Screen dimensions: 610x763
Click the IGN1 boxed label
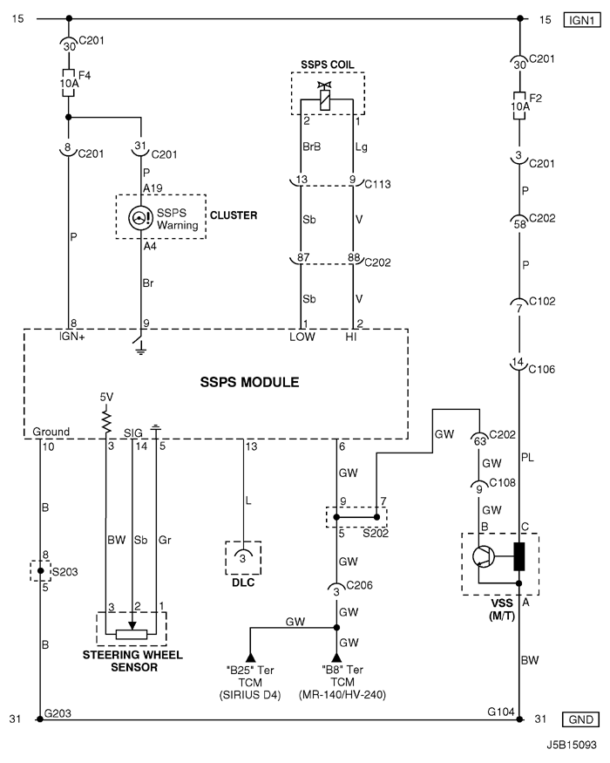click(581, 20)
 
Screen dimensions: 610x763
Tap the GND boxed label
click(580, 719)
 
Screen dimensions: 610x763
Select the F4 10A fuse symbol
click(69, 82)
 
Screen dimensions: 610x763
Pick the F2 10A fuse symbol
click(519, 106)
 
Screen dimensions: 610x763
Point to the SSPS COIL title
click(328, 65)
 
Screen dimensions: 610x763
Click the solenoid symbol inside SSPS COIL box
click(325, 97)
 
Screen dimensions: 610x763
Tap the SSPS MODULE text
click(249, 382)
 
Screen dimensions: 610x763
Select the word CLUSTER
click(234, 215)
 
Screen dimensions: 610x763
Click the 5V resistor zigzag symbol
click(106, 419)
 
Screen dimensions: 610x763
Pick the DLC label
click(243, 582)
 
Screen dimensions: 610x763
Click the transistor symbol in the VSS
click(483, 556)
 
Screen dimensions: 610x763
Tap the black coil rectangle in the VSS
click(519, 556)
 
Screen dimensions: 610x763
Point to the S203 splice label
click(64, 572)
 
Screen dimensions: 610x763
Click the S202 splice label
click(376, 534)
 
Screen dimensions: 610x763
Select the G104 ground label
click(501, 712)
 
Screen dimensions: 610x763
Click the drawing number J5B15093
click(571, 746)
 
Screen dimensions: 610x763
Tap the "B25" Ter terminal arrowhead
click(250, 657)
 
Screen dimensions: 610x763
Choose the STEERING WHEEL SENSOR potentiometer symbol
click(132, 631)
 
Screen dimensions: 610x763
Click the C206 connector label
click(359, 585)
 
